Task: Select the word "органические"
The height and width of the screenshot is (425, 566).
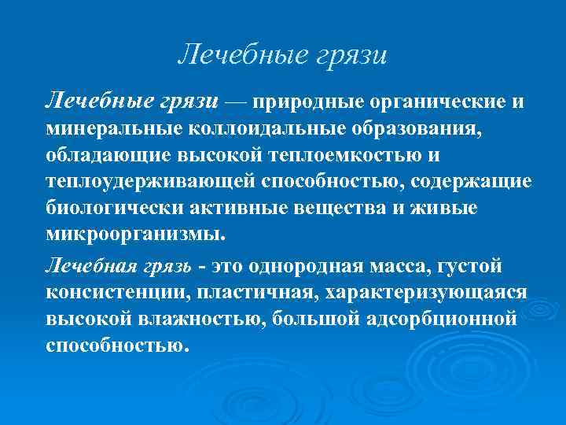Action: [436, 103]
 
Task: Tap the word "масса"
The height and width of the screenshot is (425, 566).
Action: [400, 265]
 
